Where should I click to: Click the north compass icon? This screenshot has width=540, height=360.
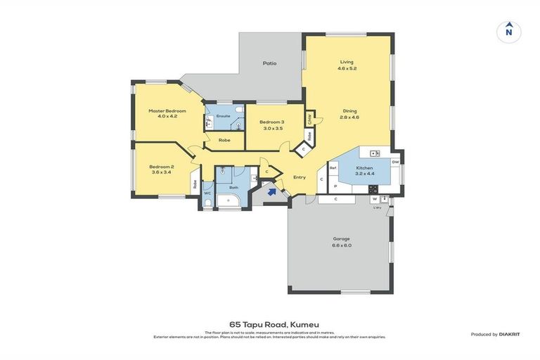tap(508, 32)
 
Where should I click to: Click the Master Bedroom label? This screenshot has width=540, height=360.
tap(167, 111)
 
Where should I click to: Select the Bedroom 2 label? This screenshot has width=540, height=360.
tap(161, 167)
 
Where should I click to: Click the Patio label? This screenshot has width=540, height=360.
tap(269, 63)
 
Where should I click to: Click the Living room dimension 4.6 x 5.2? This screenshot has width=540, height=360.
tap(347, 69)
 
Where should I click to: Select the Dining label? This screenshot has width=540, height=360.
tap(349, 110)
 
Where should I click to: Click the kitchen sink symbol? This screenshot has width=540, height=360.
tap(375, 153)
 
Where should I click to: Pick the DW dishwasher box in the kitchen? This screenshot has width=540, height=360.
tap(395, 162)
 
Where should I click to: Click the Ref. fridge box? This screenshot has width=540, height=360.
tap(333, 168)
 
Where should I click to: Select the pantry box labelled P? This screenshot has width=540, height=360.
tap(335, 186)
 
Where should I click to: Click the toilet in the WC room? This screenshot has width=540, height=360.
tap(207, 204)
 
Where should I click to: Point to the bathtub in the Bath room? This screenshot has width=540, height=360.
tap(229, 202)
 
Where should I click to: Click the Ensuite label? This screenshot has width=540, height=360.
tap(223, 115)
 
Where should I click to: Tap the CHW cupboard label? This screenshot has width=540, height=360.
tap(309, 118)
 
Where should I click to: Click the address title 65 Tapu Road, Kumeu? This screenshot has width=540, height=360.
tap(269, 325)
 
